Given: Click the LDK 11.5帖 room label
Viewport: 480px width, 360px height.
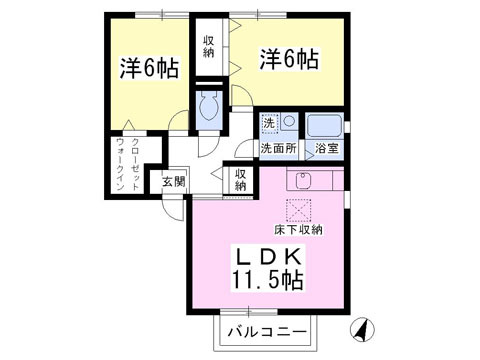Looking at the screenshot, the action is [267, 269].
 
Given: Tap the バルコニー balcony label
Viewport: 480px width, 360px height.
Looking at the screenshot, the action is [267, 332].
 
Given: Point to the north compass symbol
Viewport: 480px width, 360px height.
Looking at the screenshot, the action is [362, 329].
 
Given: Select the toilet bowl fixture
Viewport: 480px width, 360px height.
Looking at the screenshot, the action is [209, 105].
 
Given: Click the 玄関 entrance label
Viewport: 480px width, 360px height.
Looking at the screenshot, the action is [173, 182].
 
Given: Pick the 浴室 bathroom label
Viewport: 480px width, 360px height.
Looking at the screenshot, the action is [327, 148].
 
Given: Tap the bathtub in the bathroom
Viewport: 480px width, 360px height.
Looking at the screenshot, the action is [324, 125].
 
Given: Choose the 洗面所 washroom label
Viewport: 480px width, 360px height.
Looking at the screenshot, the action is [278, 148].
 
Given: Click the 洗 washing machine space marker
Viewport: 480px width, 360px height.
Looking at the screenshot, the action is [269, 123].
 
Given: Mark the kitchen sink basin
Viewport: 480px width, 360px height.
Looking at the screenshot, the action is [303, 181].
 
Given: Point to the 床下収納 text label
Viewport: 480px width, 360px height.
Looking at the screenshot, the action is [298, 230].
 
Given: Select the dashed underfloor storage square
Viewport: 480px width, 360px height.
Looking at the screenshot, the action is [298, 210].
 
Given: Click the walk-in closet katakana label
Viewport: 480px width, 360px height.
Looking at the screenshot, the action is [128, 165].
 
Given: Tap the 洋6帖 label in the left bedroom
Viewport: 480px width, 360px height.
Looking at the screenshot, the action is [150, 68].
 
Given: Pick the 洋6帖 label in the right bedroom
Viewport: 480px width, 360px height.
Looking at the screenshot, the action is [289, 59].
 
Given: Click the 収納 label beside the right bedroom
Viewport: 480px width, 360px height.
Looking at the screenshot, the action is [209, 47].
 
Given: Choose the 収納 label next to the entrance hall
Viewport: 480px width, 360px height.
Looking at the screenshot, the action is [240, 179].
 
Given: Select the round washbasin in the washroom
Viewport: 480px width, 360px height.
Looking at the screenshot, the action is [289, 121].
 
